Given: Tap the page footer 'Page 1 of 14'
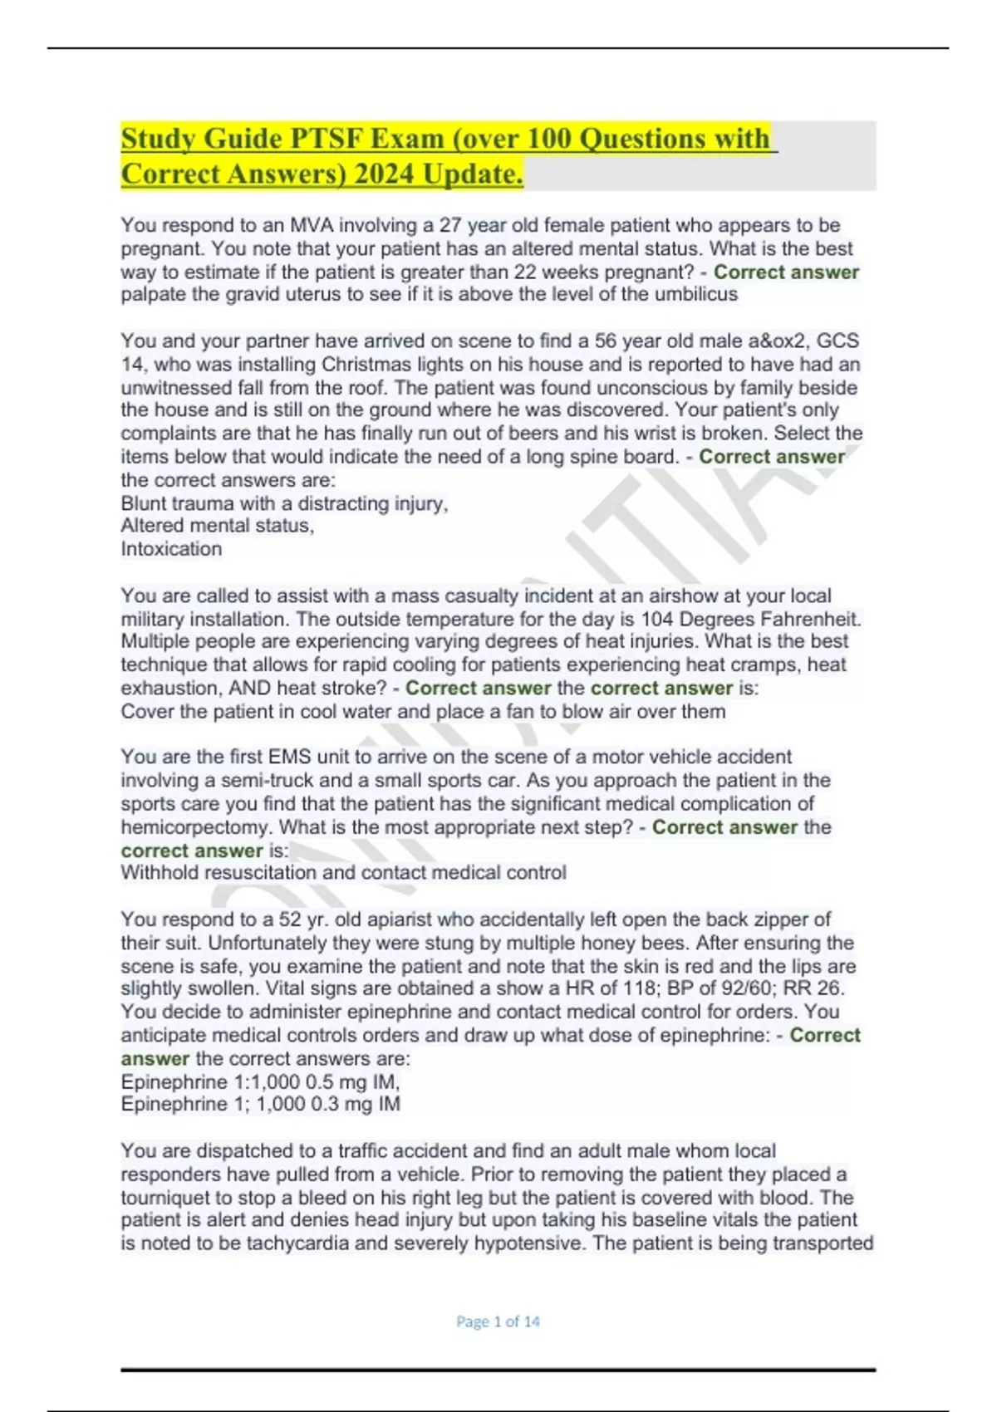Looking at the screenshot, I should tap(498, 1321).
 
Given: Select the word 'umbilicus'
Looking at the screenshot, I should tap(695, 294).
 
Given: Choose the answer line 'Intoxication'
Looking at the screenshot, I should tap(171, 549).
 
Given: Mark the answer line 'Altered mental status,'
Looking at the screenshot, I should tap(218, 526).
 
